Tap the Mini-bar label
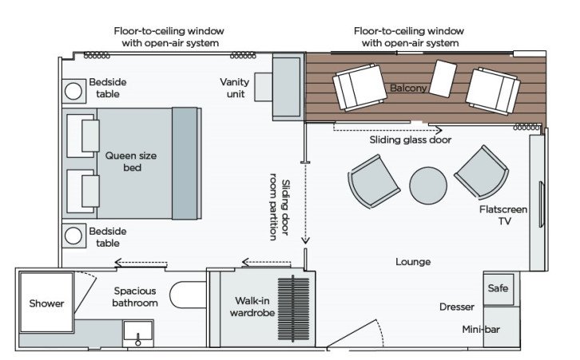[x=481, y=329]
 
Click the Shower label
[x=46, y=303]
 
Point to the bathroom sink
[x=139, y=333]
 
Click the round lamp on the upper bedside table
[x=75, y=91]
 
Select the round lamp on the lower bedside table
[x=75, y=236]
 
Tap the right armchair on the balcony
[x=493, y=88]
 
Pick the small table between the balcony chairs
[x=443, y=79]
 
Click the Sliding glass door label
[x=410, y=140]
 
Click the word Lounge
[x=413, y=261]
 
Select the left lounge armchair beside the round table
[x=373, y=180]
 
